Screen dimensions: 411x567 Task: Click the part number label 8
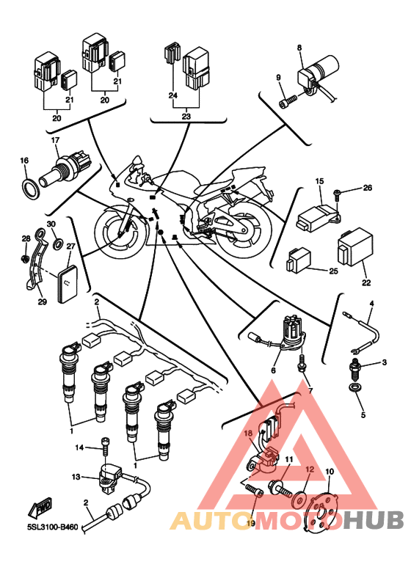click(x=299, y=48)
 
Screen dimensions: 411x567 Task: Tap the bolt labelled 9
click(x=288, y=100)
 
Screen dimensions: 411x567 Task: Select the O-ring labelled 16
click(x=31, y=188)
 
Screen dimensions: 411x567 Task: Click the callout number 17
click(x=55, y=140)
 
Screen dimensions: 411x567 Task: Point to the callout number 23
click(x=186, y=117)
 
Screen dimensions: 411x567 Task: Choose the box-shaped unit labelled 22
click(x=354, y=246)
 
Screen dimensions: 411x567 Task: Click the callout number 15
click(x=319, y=181)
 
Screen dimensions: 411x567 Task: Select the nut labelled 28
click(x=25, y=258)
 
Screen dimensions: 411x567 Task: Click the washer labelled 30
click(x=57, y=244)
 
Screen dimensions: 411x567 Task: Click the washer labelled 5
click(x=355, y=388)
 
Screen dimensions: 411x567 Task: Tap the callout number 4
click(x=371, y=304)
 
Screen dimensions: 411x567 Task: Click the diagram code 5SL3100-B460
click(x=53, y=527)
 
